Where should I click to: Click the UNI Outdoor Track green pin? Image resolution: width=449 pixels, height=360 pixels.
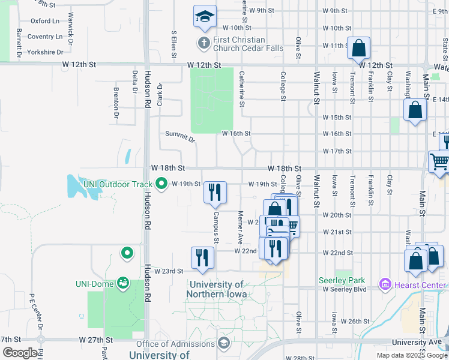(161, 184)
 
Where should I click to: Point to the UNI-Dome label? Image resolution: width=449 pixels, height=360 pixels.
(94, 284)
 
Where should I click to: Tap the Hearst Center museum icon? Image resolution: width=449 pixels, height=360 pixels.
(385, 283)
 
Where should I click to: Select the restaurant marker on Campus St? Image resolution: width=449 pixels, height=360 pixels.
(215, 193)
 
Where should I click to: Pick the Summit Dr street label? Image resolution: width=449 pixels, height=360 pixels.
(180, 137)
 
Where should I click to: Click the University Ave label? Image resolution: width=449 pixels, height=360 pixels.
(412, 343)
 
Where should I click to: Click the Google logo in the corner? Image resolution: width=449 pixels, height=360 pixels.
(20, 353)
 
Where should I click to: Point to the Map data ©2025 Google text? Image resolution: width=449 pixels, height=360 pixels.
(412, 355)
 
